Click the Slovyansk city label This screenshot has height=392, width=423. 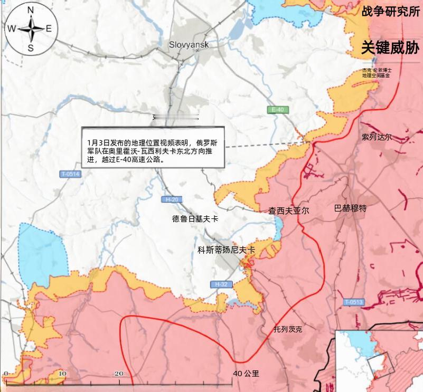[x=189, y=45]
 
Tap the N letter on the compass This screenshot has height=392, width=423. [x=31, y=10]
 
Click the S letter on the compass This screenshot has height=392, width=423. [x=31, y=48]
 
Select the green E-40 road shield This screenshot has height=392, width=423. [x=276, y=110]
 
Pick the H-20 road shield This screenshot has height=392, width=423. [x=173, y=199]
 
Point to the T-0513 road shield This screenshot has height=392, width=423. [x=354, y=302]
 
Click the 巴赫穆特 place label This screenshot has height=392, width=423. [x=351, y=208]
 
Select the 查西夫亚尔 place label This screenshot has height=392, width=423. [x=288, y=210]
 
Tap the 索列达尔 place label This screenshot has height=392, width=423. [x=377, y=137]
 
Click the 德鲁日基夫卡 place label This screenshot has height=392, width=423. [x=195, y=218]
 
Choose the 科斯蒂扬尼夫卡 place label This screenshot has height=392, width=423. [x=226, y=250]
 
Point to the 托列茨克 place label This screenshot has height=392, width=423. [x=288, y=329]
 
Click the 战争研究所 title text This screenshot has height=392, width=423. [x=388, y=12]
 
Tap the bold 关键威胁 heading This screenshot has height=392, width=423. [x=390, y=48]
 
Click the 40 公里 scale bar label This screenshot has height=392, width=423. [x=246, y=374]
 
